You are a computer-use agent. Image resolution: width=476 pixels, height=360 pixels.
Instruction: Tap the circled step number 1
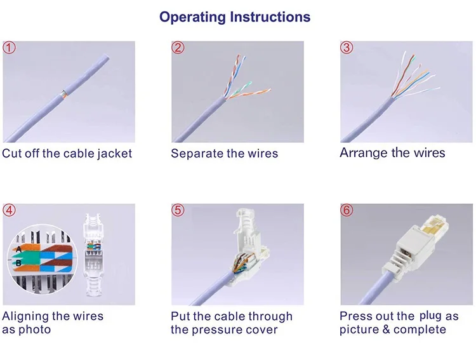[x=10, y=48]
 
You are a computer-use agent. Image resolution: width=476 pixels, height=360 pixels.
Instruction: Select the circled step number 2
[x=178, y=48]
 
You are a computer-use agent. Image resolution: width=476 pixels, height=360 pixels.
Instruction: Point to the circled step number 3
[x=347, y=48]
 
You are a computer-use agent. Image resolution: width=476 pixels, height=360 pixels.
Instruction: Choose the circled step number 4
[x=10, y=210]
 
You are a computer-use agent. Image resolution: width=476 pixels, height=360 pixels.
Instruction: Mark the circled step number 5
[x=178, y=210]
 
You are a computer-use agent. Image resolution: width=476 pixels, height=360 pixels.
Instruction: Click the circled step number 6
[x=347, y=210]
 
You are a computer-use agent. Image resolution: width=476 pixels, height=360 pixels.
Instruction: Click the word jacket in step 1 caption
[x=110, y=154]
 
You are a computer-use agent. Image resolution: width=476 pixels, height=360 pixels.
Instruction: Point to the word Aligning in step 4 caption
[x=27, y=316]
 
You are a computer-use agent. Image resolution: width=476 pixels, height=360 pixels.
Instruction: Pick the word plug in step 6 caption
[x=430, y=316]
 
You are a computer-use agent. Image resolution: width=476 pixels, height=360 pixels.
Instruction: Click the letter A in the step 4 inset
[x=19, y=248]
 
